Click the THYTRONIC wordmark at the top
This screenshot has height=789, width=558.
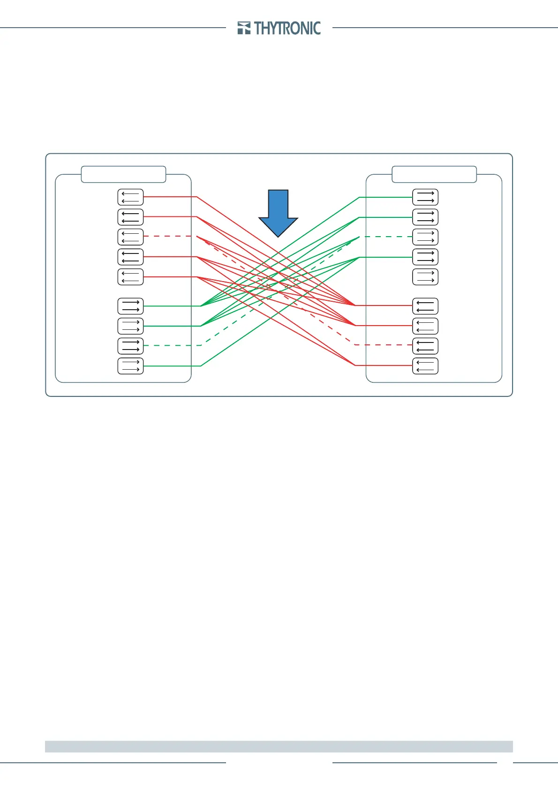(x=287, y=29)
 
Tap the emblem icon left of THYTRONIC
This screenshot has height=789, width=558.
(x=244, y=28)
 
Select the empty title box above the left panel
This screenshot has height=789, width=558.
(x=123, y=174)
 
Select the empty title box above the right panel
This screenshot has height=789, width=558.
(x=434, y=174)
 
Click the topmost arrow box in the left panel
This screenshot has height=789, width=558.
(x=130, y=197)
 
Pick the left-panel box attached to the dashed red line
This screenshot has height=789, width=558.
(x=130, y=237)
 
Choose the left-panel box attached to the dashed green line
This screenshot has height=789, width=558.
(x=130, y=346)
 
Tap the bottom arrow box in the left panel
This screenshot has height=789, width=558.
(x=130, y=366)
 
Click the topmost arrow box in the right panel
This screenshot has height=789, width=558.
(x=425, y=197)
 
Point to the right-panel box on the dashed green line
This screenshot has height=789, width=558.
(x=425, y=237)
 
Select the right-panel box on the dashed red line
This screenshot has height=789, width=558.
(x=425, y=346)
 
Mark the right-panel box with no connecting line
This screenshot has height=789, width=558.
(x=425, y=277)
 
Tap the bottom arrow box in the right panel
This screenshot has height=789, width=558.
(x=425, y=366)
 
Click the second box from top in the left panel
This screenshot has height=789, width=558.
(x=130, y=217)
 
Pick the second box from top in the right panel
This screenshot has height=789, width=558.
(x=425, y=217)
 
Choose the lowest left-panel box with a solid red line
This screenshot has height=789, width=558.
(x=130, y=277)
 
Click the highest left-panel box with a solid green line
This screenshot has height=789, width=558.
(x=130, y=306)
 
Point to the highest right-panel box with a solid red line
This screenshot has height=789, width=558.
(x=425, y=306)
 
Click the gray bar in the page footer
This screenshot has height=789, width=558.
(x=279, y=746)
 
